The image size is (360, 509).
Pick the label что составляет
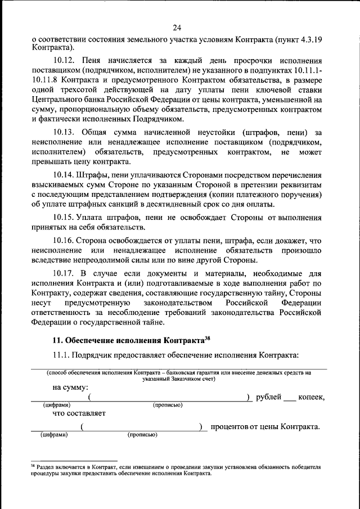pyautogui.click(x=78, y=414)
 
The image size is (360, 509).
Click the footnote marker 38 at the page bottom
pyautogui.click(x=32, y=466)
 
